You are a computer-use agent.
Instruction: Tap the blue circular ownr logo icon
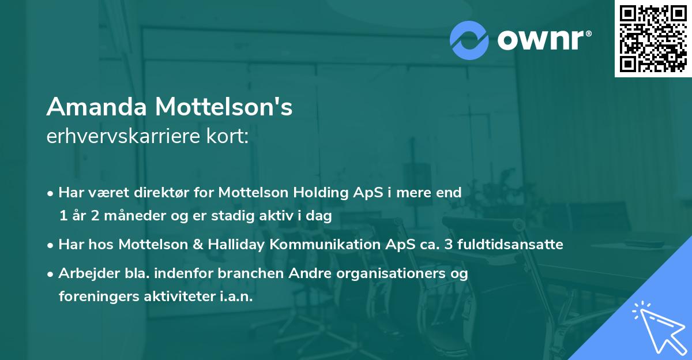469,40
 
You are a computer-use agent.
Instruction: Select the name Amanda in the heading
95,107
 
